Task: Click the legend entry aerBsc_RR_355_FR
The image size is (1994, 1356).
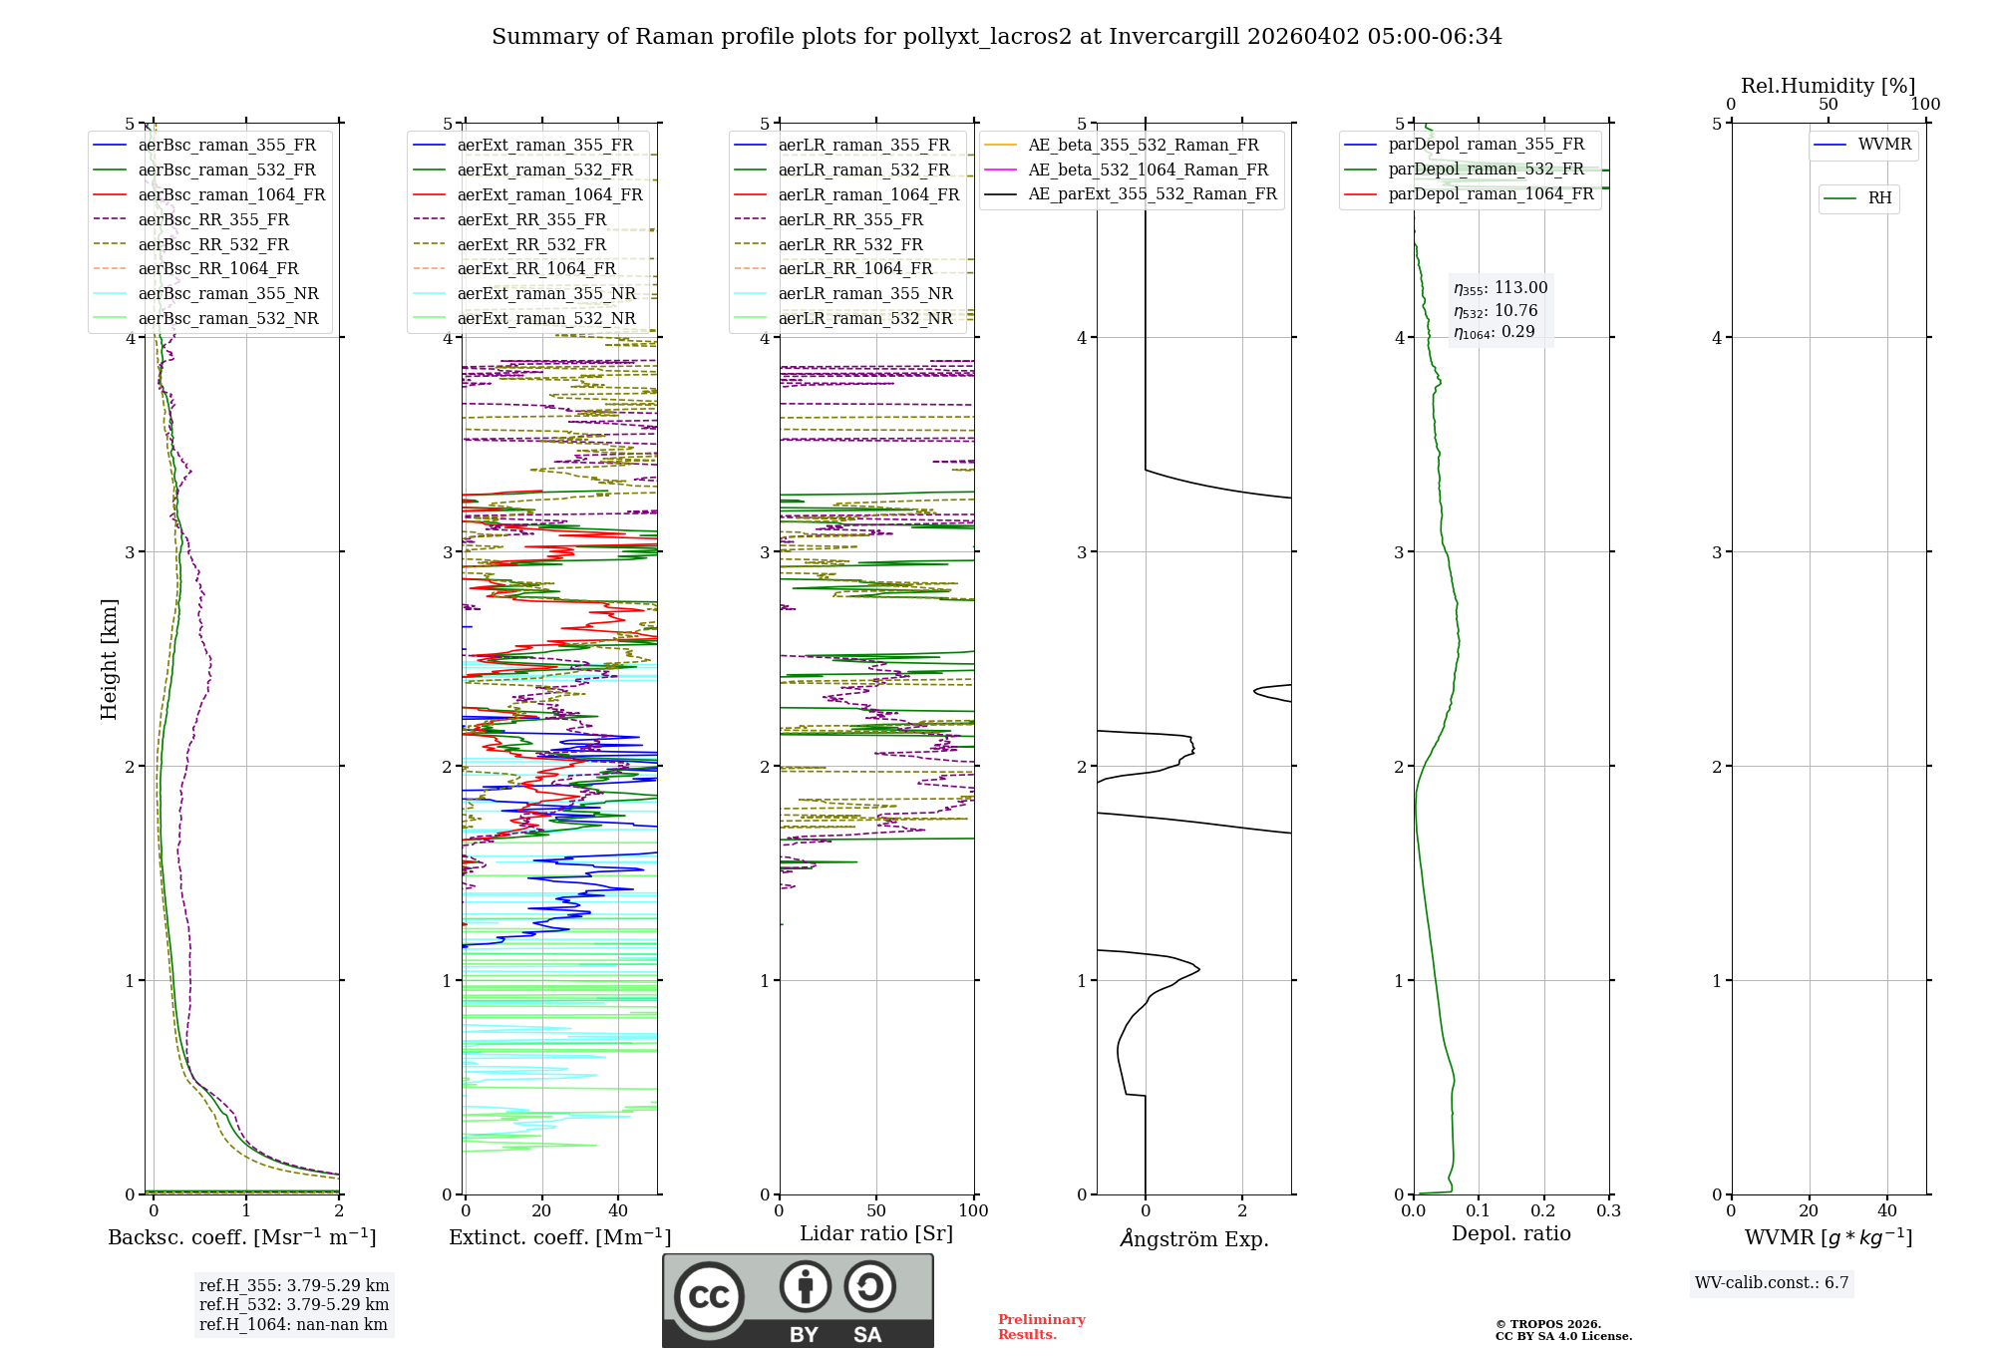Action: coord(213,219)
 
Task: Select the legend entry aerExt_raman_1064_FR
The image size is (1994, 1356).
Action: coord(549,194)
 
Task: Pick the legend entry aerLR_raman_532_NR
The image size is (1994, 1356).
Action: coord(864,319)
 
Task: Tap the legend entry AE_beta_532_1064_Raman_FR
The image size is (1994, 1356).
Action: coord(1148,169)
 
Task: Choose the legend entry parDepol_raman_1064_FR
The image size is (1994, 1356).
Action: coord(1491,193)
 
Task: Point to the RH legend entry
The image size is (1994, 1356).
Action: coord(1879,198)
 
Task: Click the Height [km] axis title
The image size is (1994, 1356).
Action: coord(109,659)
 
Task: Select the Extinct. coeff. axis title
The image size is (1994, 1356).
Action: coord(559,1237)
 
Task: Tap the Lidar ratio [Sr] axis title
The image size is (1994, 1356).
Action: coord(876,1233)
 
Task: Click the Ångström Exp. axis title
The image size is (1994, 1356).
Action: coord(1194,1239)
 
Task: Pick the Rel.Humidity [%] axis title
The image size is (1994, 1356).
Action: coord(1828,86)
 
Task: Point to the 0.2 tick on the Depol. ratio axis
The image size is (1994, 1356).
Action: coord(1543,1210)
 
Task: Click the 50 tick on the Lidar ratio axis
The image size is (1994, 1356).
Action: coord(876,1210)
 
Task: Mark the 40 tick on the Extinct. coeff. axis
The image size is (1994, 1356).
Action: coord(618,1210)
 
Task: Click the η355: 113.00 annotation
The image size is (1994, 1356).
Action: coord(1500,288)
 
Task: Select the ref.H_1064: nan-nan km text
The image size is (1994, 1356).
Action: coord(293,1324)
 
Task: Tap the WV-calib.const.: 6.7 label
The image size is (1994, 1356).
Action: coord(1772,1283)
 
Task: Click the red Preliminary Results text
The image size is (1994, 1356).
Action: coord(1041,1327)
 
